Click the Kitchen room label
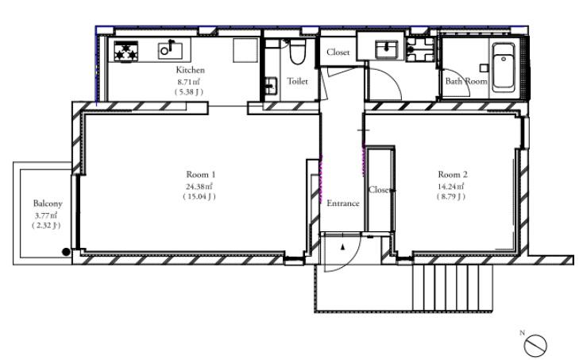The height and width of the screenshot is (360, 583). click(x=190, y=70)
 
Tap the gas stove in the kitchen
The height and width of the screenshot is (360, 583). click(x=125, y=51)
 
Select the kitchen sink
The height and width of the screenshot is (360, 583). click(x=170, y=50)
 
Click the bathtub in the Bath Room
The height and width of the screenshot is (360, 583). click(x=504, y=68)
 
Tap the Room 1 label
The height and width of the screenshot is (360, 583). click(x=201, y=174)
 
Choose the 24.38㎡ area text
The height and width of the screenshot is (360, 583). click(x=199, y=186)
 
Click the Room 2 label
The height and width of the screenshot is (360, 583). click(x=453, y=174)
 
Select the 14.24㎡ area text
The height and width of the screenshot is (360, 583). click(x=451, y=186)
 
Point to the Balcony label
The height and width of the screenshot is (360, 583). click(x=48, y=203)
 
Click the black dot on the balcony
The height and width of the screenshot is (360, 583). click(x=66, y=252)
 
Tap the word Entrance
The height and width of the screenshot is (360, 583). click(x=343, y=203)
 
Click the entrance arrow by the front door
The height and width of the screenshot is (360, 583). click(x=343, y=246)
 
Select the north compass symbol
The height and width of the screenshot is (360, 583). click(x=535, y=345)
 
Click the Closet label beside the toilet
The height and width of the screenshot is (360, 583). click(x=338, y=52)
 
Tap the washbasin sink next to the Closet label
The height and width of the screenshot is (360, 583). click(x=386, y=49)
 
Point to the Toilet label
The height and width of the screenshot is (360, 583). click(x=297, y=81)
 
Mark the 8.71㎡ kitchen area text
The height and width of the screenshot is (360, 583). click(x=189, y=81)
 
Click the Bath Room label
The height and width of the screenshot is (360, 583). click(x=466, y=81)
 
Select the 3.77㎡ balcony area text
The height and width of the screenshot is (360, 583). click(x=46, y=215)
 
